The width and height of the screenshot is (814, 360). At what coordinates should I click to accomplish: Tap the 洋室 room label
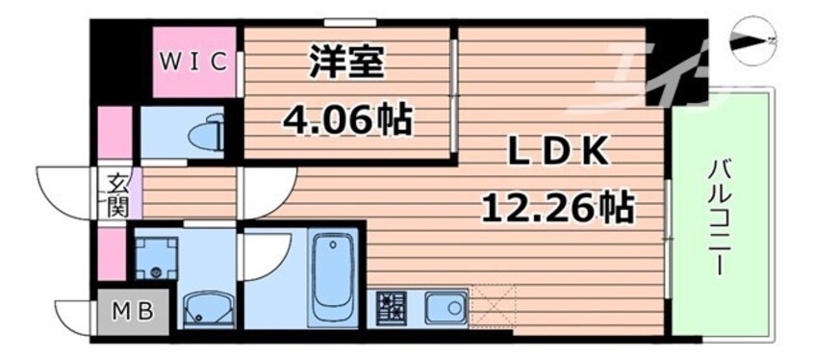347,64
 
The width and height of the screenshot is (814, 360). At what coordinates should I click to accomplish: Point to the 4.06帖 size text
347,119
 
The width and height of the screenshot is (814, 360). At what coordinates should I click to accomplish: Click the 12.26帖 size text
556,206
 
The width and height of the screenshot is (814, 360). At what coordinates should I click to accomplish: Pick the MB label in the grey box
131,313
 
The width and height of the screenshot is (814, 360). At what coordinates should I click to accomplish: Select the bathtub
333,278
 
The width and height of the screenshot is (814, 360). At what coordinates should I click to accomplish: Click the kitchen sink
445,309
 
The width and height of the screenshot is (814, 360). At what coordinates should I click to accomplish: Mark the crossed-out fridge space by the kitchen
494,307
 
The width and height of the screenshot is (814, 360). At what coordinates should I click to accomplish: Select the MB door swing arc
74,314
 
